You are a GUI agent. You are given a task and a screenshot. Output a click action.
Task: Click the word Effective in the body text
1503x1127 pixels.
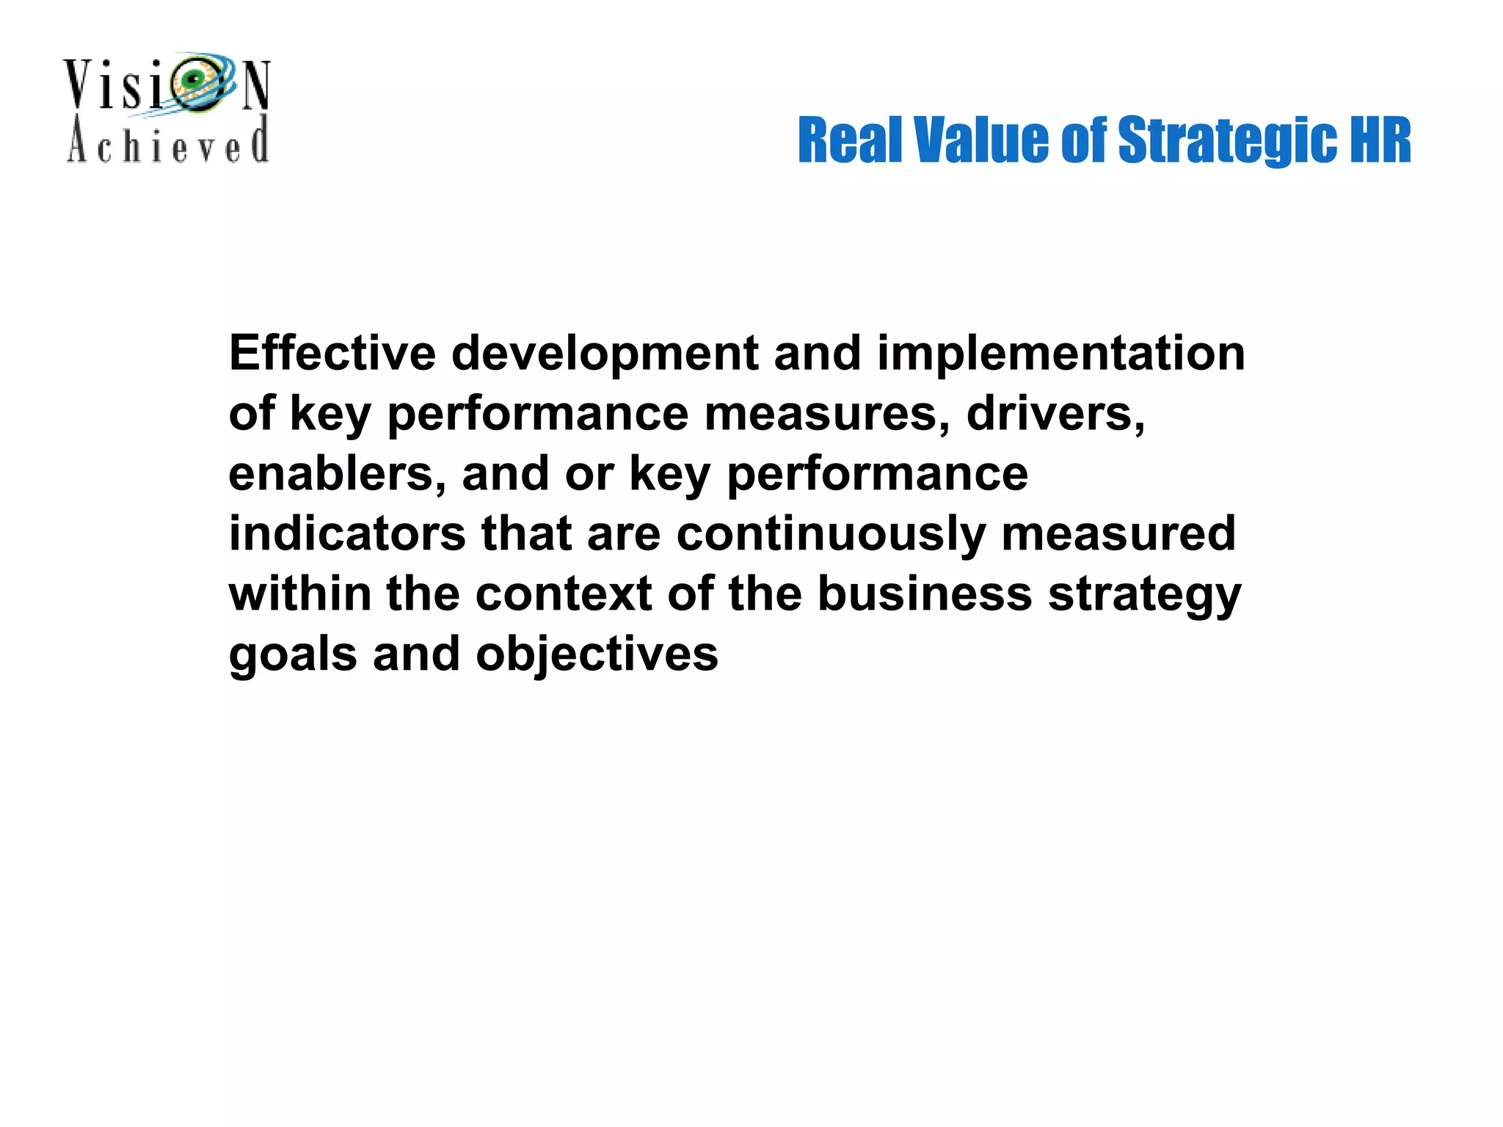tap(332, 354)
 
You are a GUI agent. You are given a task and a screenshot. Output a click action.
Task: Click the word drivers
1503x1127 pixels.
tap(1055, 414)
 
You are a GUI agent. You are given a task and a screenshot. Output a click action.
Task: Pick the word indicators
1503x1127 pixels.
tap(347, 533)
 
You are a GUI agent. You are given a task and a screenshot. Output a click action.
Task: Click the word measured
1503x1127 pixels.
tap(1118, 533)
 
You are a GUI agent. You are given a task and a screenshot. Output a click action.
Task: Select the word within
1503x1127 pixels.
tap(300, 594)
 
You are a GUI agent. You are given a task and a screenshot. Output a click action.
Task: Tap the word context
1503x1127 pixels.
tap(564, 594)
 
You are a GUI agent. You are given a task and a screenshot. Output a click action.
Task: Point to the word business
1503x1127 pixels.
tap(925, 594)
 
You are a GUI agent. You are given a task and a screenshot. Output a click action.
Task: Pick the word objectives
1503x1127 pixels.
tap(597, 655)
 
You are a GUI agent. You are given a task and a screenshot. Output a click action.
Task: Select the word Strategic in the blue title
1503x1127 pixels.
tap(1226, 142)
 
